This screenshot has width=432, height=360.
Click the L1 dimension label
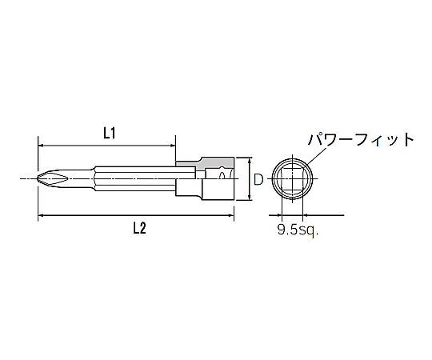click(x=109, y=134)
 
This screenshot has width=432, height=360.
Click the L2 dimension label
click(x=140, y=228)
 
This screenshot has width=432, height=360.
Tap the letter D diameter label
click(x=258, y=179)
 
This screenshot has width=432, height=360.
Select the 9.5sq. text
click(x=298, y=230)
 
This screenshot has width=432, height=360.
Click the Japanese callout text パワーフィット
click(x=361, y=140)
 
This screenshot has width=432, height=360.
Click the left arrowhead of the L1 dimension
click(x=41, y=145)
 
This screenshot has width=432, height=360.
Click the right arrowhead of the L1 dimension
click(x=173, y=145)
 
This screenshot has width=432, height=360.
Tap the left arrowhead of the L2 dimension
click(x=41, y=215)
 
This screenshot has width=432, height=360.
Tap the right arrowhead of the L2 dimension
click(x=231, y=215)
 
